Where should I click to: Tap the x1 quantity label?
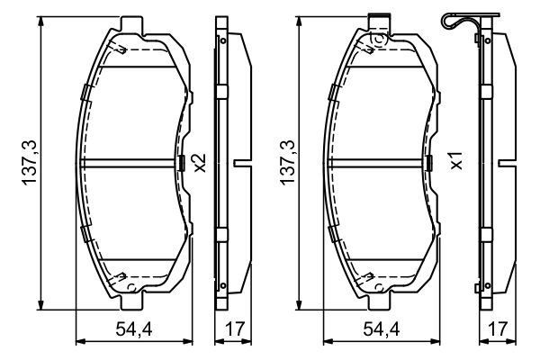coord(456,163)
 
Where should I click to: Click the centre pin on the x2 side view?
coord(241,163)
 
